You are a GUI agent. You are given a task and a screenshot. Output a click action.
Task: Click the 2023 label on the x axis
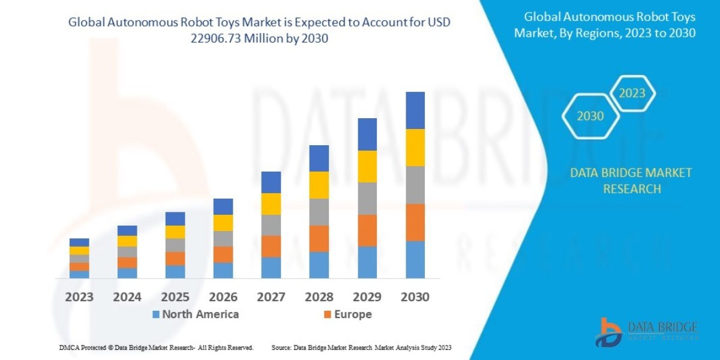click(x=79, y=296)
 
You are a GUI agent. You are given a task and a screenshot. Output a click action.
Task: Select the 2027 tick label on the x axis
click(x=271, y=296)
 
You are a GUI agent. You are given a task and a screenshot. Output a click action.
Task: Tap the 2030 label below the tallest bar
click(x=415, y=296)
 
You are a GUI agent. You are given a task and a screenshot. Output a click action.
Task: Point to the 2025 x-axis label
click(x=175, y=296)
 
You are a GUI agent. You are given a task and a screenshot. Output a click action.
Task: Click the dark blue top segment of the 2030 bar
click(x=415, y=110)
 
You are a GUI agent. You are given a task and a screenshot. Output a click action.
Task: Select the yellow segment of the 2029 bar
click(x=367, y=166)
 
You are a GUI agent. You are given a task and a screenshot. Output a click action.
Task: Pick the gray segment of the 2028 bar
click(x=319, y=212)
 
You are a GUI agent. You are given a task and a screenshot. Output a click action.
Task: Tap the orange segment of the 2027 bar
click(x=271, y=246)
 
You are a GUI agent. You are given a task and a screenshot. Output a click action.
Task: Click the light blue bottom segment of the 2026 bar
click(x=223, y=270)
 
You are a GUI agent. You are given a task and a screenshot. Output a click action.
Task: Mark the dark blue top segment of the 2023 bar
click(x=79, y=242)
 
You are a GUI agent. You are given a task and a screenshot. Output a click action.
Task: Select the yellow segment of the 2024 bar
click(x=127, y=241)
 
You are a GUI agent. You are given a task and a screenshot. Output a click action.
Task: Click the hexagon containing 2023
click(x=632, y=93)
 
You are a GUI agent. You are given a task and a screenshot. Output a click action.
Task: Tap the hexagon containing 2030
click(x=590, y=116)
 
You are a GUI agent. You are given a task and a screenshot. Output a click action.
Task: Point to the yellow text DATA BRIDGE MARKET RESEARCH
click(x=631, y=181)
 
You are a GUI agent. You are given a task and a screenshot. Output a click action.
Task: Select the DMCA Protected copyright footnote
click(x=156, y=347)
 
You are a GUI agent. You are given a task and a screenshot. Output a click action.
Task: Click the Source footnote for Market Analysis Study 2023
click(x=361, y=347)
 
